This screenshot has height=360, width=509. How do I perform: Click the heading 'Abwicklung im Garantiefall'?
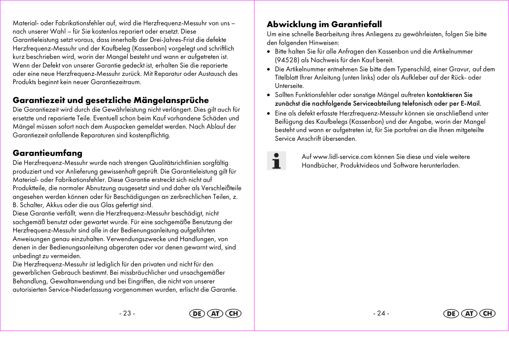[324, 25]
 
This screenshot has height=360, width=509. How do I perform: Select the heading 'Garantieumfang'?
[48, 153]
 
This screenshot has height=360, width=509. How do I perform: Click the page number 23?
[127, 313]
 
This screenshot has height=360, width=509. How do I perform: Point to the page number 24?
[381, 313]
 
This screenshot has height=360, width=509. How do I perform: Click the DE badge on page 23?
[197, 314]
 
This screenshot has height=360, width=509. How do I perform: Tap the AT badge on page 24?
[469, 314]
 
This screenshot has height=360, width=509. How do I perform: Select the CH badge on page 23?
[233, 314]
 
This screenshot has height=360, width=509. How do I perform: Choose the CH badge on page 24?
[488, 314]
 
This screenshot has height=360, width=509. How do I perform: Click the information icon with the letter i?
[276, 161]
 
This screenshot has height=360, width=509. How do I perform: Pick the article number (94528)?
[287, 60]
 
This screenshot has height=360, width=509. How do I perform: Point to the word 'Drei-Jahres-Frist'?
[182, 40]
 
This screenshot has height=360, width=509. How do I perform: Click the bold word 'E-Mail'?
[470, 103]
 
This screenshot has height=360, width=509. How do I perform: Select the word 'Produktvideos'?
[360, 165]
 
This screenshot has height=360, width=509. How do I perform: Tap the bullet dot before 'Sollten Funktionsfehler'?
[268, 95]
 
